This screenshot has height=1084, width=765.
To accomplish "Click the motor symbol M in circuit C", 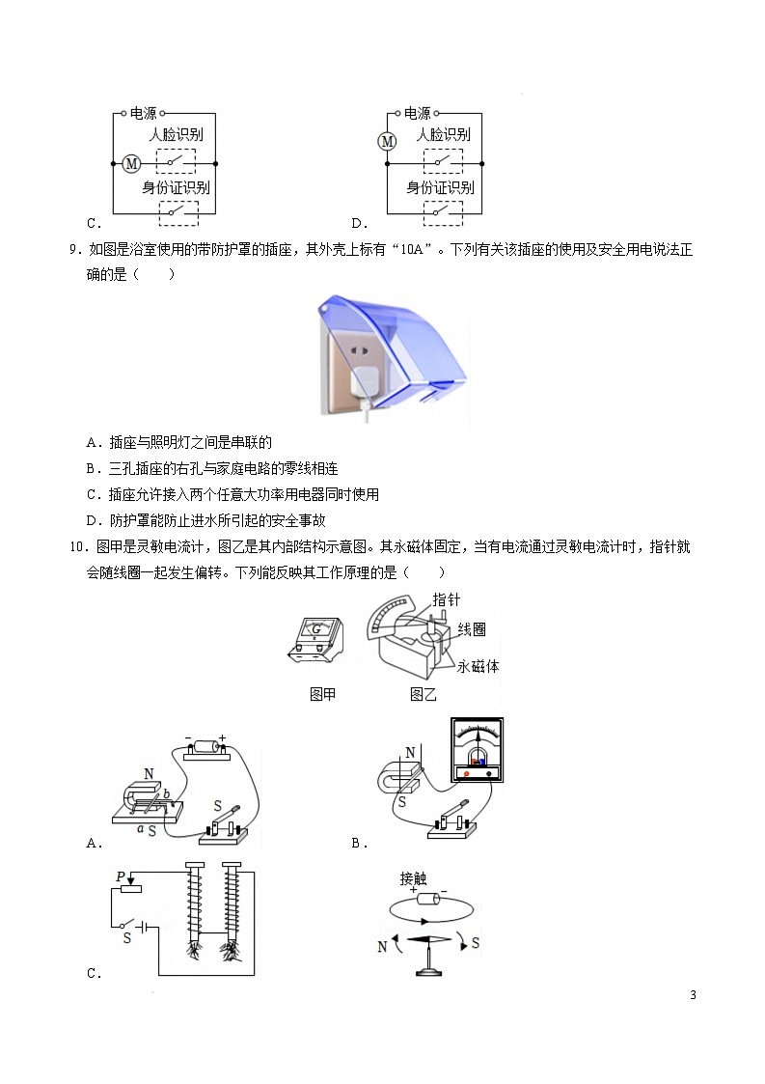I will click(132, 163).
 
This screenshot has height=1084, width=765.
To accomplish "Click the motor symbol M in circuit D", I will click(387, 142).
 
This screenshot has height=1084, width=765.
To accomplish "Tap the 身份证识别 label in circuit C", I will click(177, 187).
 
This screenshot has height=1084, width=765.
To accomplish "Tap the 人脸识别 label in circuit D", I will click(443, 134).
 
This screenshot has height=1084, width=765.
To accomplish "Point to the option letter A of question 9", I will click(92, 443).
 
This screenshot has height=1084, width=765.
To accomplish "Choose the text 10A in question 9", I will click(410, 249).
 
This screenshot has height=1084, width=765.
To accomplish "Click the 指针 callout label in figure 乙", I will click(446, 598).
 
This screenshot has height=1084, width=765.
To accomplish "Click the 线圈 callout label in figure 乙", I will click(472, 629).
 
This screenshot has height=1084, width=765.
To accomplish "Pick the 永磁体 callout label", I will click(478, 667).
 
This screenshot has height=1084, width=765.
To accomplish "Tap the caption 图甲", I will click(322, 694).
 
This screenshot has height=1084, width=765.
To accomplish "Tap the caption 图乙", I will click(423, 694).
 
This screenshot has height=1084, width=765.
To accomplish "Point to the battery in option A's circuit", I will click(205, 745).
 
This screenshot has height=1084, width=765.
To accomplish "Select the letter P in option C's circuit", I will click(122, 876).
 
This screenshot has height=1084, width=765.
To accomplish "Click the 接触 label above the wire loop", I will click(414, 879).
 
